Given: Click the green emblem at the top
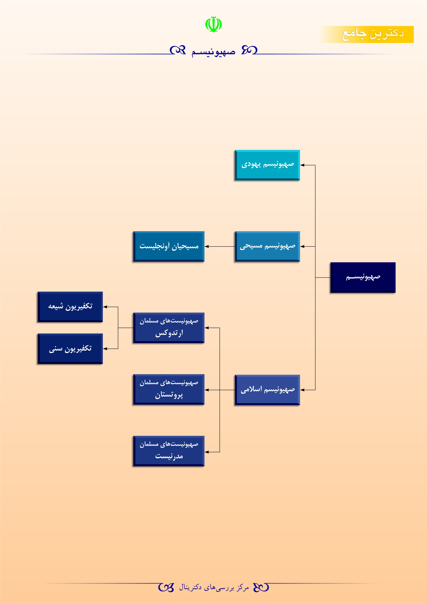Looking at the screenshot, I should (x=213, y=24).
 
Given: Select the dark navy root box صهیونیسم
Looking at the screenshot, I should (x=363, y=277).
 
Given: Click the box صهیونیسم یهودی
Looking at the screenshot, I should (x=267, y=165).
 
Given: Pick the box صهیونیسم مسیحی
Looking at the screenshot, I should (x=267, y=246).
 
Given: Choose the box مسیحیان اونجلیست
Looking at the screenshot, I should (x=169, y=246).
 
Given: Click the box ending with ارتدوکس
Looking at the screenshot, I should (x=169, y=328).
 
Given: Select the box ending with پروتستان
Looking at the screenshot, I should (x=169, y=389).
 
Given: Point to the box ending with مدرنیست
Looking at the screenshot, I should (x=169, y=451).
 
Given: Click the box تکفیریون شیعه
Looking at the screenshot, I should (x=70, y=307).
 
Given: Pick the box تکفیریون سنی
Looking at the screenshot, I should (x=70, y=349).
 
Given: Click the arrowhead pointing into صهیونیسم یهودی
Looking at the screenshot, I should (x=302, y=165).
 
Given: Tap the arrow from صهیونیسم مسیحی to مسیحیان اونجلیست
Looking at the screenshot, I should (x=220, y=246).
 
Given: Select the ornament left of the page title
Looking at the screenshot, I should (x=178, y=50).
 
